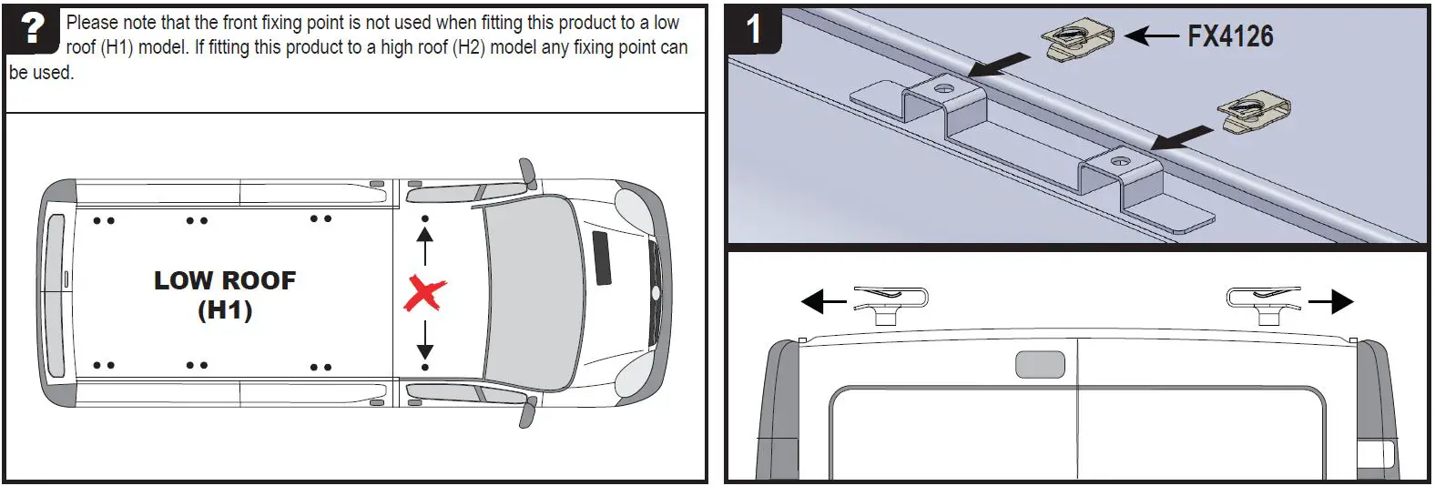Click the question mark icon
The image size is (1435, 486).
32,29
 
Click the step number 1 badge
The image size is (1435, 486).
753,29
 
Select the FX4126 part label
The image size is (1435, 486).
1230,36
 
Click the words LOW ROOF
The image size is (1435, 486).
225,280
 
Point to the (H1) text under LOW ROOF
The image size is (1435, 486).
225,310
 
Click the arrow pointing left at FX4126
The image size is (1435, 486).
1152,36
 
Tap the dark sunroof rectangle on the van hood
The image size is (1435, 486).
602,258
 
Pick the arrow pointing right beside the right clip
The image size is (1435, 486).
1331,301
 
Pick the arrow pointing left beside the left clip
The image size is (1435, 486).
824,301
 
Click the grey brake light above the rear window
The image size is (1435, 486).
1040,364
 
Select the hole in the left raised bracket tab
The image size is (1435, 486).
943,89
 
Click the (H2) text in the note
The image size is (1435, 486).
469,47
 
